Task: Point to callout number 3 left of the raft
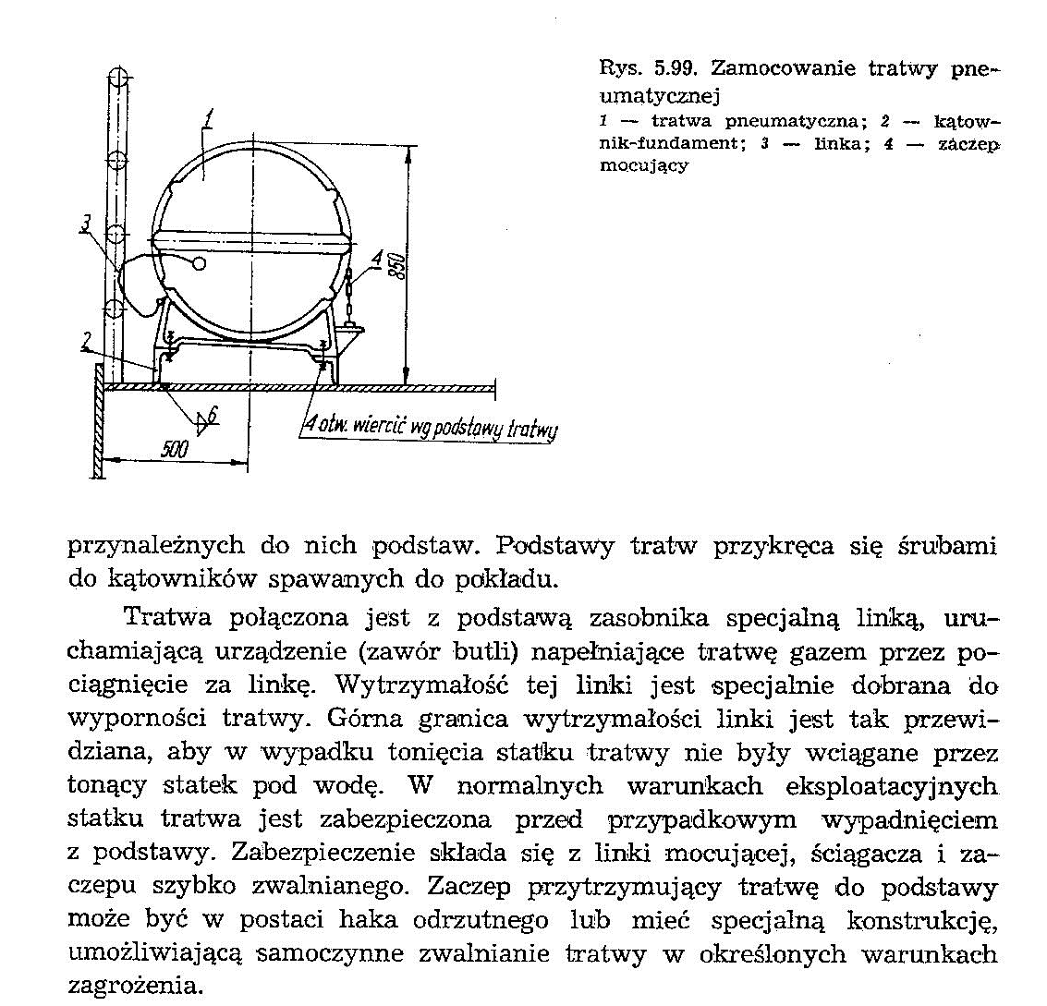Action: (84, 224)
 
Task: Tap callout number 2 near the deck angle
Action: (84, 344)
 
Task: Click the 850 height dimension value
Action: (396, 268)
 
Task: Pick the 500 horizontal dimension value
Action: (175, 449)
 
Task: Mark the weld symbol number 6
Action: (213, 416)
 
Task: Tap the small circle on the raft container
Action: (199, 264)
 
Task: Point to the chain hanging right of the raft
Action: (348, 297)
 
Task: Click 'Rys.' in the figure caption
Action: (616, 67)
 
